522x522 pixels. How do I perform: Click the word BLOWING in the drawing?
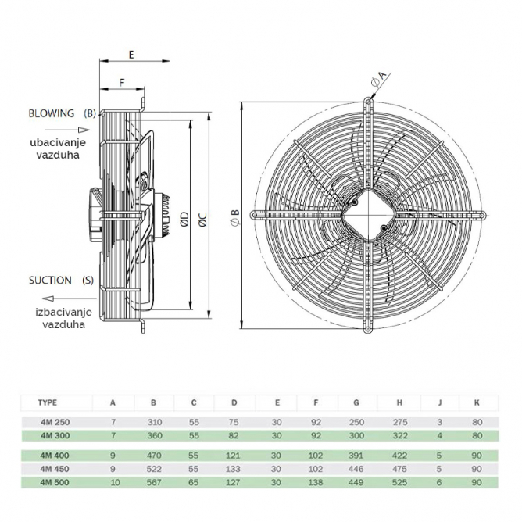coord(52,113)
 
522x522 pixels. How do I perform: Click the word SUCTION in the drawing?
coord(50,280)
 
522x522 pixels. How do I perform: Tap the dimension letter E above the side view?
coord(130,55)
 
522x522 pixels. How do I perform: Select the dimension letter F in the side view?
coord(121,82)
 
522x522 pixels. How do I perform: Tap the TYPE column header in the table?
coord(48,403)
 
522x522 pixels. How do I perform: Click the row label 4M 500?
coord(50,482)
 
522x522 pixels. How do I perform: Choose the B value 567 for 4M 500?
coord(152,482)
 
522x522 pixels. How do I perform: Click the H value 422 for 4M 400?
coord(399,455)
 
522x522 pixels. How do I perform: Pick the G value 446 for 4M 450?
coord(356,469)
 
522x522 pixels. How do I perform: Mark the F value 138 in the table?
coord(316,482)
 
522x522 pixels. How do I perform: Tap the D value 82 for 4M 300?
coord(234,434)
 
